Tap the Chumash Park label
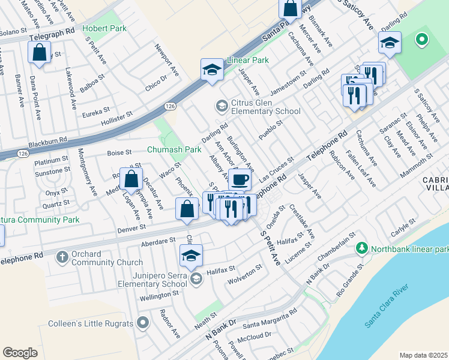[175, 149]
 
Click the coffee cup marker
[240, 179]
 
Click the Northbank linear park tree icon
[362, 248]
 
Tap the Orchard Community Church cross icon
[62, 257]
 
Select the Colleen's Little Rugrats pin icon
[142, 323]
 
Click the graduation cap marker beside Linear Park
[212, 70]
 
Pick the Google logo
[20, 353]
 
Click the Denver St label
[131, 228]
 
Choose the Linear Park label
[247, 61]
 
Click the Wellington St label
[160, 295]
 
